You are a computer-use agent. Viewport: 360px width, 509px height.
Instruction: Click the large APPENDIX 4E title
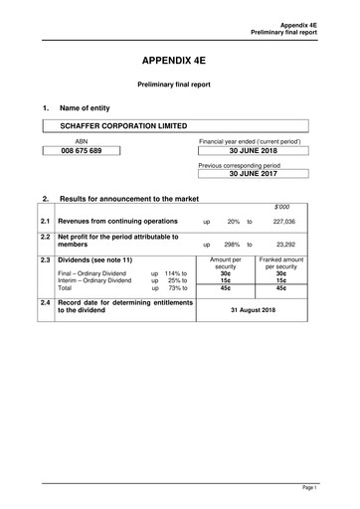coord(179,60)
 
